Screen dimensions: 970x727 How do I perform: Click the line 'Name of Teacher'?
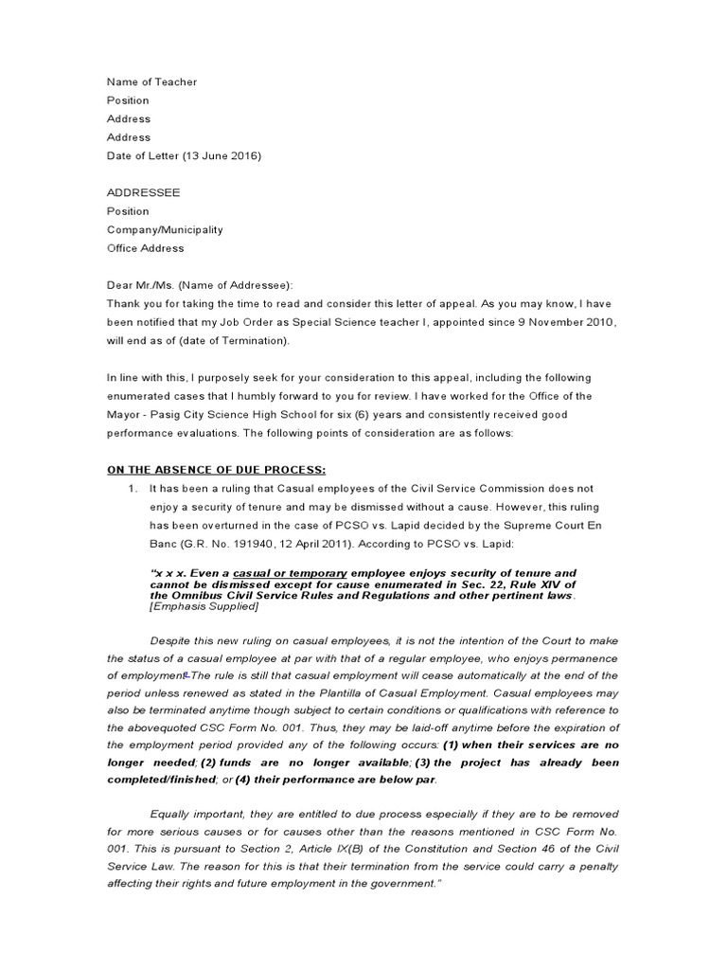coord(151,82)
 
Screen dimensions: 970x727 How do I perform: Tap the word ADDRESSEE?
coord(143,192)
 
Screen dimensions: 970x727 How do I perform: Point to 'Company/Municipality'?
coord(165,229)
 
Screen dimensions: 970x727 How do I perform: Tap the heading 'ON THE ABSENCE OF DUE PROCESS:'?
coord(216,470)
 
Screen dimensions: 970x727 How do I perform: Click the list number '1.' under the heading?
coord(133,489)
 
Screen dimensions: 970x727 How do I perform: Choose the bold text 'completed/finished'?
coord(162,780)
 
